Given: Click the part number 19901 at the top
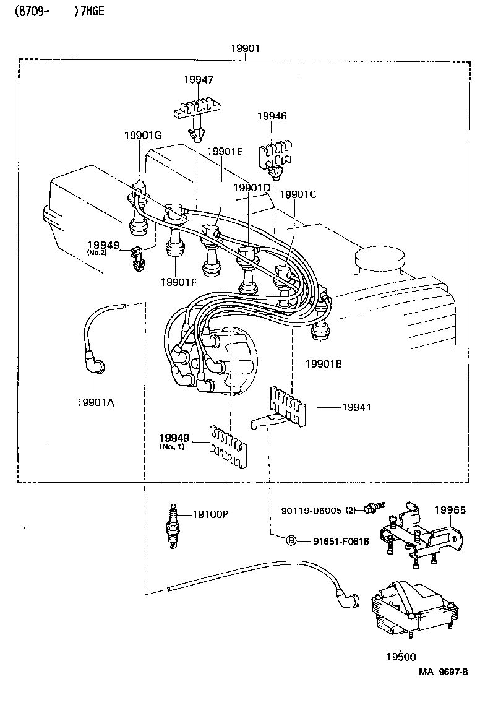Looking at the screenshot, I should (245, 49).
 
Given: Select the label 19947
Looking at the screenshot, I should (198, 79).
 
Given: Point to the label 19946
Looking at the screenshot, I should (272, 116).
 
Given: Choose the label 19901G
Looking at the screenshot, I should (142, 136).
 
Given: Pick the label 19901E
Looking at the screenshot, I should (225, 152).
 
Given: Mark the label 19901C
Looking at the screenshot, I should (298, 194).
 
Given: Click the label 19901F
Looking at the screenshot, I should (179, 282).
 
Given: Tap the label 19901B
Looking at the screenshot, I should (323, 363).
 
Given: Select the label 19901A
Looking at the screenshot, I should (95, 402).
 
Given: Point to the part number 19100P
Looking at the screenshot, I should (210, 514).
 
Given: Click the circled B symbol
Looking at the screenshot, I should (291, 541).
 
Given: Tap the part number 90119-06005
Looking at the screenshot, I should (311, 510).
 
